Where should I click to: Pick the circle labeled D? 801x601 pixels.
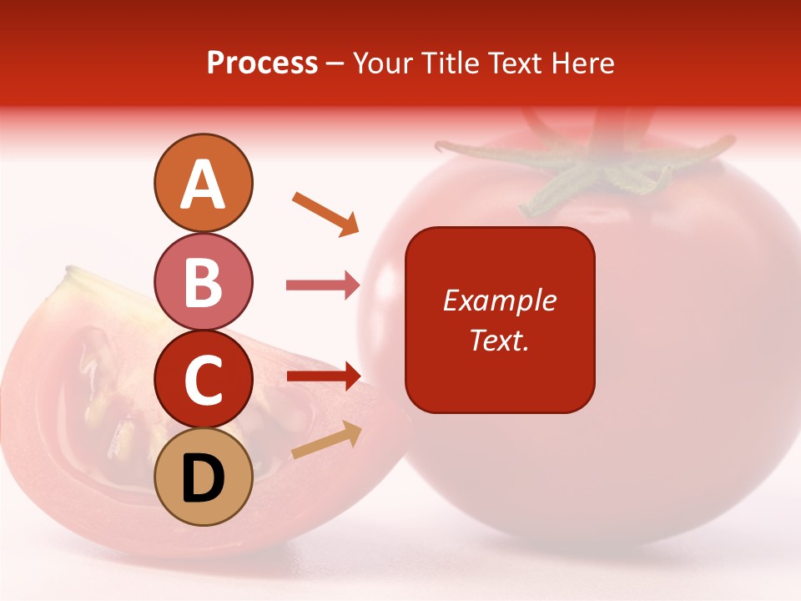[x=203, y=477]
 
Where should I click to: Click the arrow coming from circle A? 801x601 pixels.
[x=325, y=213]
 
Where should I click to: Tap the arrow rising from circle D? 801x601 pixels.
[x=326, y=441]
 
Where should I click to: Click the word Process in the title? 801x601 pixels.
[x=262, y=63]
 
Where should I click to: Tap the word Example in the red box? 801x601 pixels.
[x=500, y=300]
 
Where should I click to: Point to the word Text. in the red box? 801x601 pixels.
[x=500, y=340]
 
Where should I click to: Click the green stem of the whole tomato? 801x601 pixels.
[x=584, y=171]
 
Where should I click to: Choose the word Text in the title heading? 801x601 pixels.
[x=513, y=63]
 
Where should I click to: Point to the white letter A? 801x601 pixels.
[x=203, y=184]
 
